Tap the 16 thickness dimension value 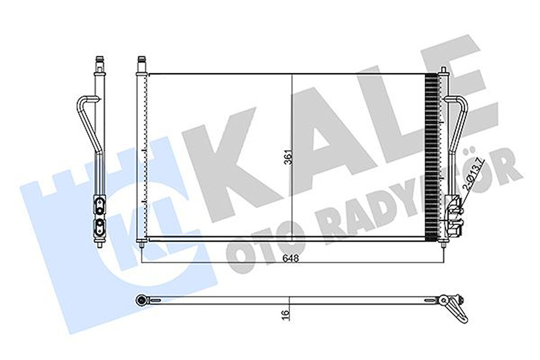[x=286, y=314]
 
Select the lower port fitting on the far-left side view [x=99, y=225]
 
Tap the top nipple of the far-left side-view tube [x=99, y=61]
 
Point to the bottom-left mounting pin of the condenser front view [x=141, y=246]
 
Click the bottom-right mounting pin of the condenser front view [x=443, y=246]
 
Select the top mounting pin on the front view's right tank [x=443, y=70]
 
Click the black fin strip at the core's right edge [x=432, y=156]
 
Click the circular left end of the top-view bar [x=141, y=300]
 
